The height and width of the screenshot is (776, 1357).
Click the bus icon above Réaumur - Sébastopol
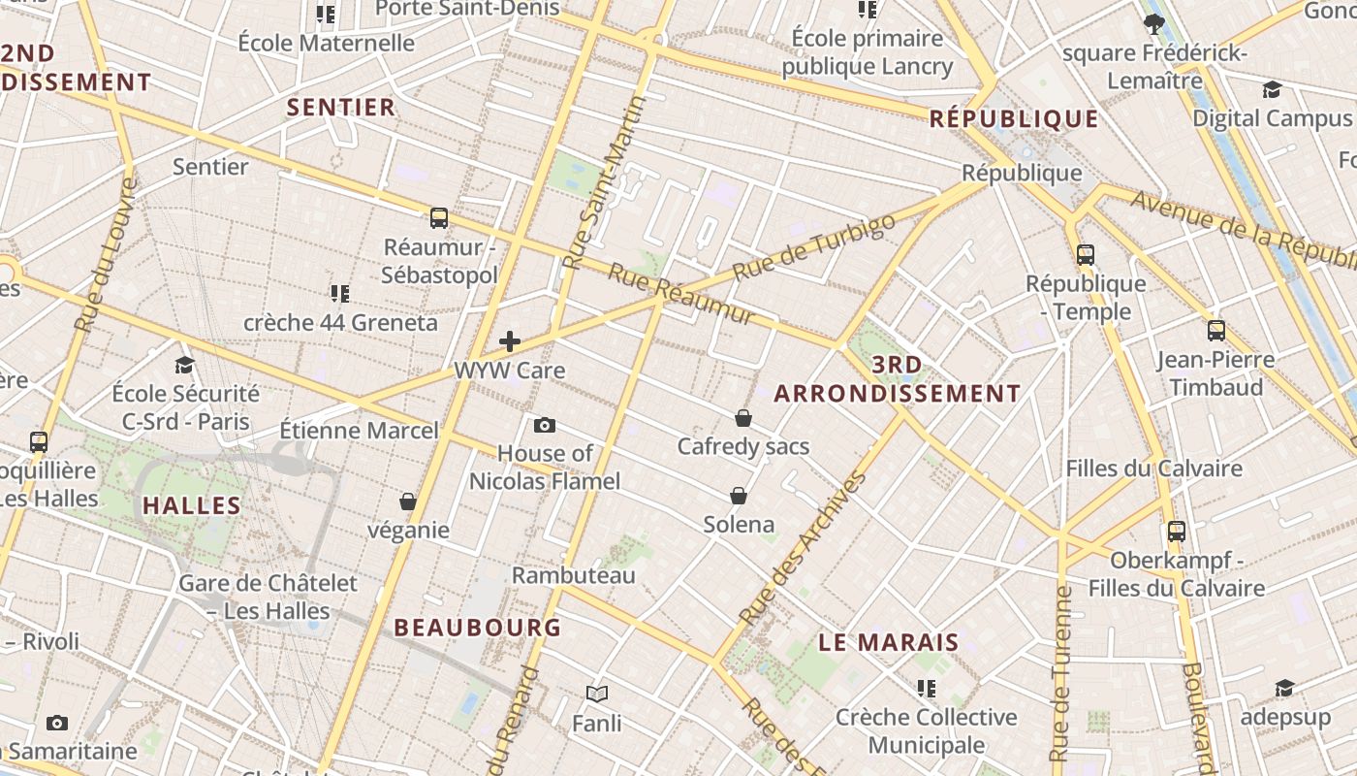point(439,218)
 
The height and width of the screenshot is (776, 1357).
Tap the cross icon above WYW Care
point(510,341)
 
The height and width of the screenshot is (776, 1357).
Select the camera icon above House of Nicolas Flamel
point(545,425)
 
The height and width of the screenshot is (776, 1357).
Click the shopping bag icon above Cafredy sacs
point(743,418)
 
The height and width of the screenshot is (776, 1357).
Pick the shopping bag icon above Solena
point(739,496)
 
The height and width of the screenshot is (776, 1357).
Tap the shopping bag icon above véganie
point(408,501)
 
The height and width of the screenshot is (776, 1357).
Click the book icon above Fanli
point(597,694)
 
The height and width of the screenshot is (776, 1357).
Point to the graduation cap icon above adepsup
point(1284,688)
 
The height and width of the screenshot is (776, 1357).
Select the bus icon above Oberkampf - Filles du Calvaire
point(1177,532)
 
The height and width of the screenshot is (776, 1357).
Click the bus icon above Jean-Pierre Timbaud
point(1216,331)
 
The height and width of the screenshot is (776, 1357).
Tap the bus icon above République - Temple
point(1086,255)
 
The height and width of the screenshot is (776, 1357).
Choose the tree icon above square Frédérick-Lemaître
point(1153,23)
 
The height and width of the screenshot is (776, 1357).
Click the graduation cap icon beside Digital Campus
point(1272,90)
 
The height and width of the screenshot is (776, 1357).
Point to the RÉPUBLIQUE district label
point(1014,119)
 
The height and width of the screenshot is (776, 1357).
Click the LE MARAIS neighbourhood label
point(889,642)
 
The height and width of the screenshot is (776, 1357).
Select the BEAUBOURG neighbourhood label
point(478,628)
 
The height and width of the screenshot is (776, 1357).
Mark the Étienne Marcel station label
point(359,430)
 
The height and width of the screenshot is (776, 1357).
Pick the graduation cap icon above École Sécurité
point(184,365)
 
